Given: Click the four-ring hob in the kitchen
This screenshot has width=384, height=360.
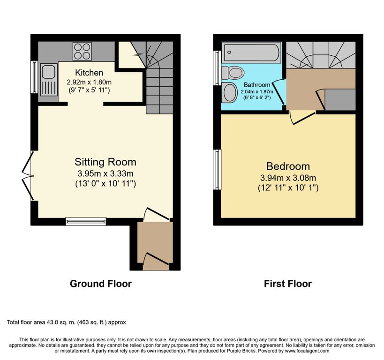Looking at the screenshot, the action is tap(82, 52).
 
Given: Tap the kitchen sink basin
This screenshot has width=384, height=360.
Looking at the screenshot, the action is tap(48, 72).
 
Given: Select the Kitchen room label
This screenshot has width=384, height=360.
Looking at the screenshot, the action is tap(89, 73).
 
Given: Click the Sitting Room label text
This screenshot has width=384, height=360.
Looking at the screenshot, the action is tap(105, 162).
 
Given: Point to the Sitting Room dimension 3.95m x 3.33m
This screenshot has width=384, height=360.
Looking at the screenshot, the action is tap(105, 173).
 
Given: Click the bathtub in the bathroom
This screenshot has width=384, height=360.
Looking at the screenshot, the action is tap(251, 52).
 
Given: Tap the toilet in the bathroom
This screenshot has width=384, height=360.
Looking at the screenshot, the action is tap(233, 73).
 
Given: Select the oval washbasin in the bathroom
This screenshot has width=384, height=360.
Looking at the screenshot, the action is tap(229, 93).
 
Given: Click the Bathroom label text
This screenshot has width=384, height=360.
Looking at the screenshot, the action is tap(257, 85).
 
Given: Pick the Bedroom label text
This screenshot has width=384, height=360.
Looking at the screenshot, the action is tap(288, 166).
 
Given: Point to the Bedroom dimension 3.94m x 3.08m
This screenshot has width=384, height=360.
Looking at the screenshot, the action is tap(288, 178).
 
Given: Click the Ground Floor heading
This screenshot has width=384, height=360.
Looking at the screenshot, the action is tap(101, 284).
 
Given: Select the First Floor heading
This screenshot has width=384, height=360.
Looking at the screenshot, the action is tap(288, 284).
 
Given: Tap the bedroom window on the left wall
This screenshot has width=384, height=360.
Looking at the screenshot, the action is tap(217, 170).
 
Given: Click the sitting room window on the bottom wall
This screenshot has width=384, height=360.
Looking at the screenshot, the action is tap(86, 221).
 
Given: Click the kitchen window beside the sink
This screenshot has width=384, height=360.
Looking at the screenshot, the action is tap(34, 77).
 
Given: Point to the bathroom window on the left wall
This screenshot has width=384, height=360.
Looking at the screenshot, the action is tap(217, 68).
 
